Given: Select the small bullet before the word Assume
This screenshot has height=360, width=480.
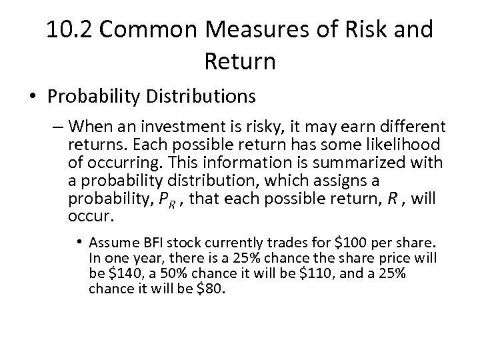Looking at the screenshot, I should coord(80,241).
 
